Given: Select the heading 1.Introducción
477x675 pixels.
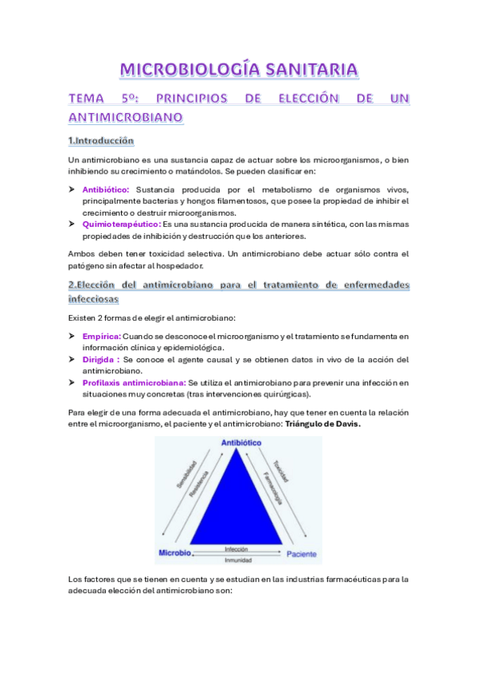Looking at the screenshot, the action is point(100,141).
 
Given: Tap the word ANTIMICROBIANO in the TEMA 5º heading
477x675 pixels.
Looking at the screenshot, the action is point(127,117).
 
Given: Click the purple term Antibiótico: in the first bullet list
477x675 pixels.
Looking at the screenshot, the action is point(106,189).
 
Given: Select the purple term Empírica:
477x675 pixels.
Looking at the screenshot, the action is point(101,337).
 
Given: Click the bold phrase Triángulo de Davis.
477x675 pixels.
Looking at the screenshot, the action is point(322,424).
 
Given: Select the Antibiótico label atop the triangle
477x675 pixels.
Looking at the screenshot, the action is point(237,443).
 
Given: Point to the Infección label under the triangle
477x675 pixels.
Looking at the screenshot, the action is point(237,549).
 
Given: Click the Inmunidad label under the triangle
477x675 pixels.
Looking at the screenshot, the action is point(237,560).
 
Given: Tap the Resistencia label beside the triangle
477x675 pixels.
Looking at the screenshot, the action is point(200,485).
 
